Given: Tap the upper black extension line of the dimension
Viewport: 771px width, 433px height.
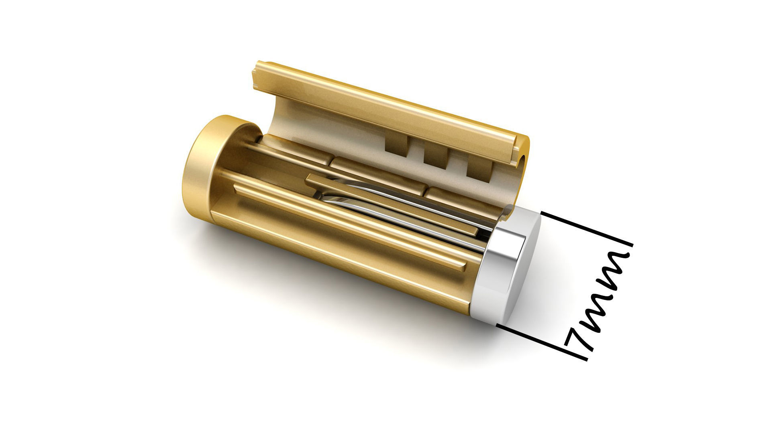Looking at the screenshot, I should (x=586, y=229).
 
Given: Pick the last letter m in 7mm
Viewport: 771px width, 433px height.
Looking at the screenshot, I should (x=612, y=267).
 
